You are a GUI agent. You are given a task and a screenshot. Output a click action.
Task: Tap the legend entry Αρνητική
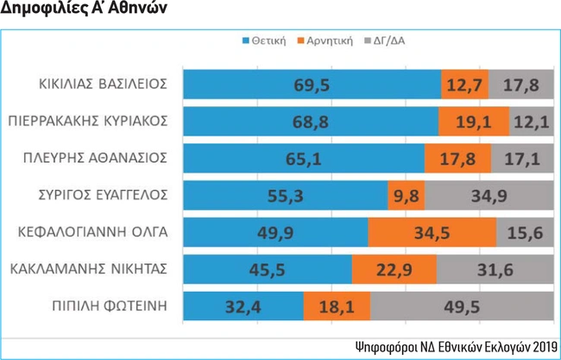[x=327, y=41]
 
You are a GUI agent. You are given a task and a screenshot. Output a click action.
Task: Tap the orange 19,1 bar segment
[x=473, y=121]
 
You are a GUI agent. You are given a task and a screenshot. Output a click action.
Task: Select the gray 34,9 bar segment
[x=489, y=195]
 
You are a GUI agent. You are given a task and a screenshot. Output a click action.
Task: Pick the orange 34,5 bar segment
[x=432, y=232]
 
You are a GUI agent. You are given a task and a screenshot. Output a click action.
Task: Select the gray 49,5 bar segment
[x=462, y=306]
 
